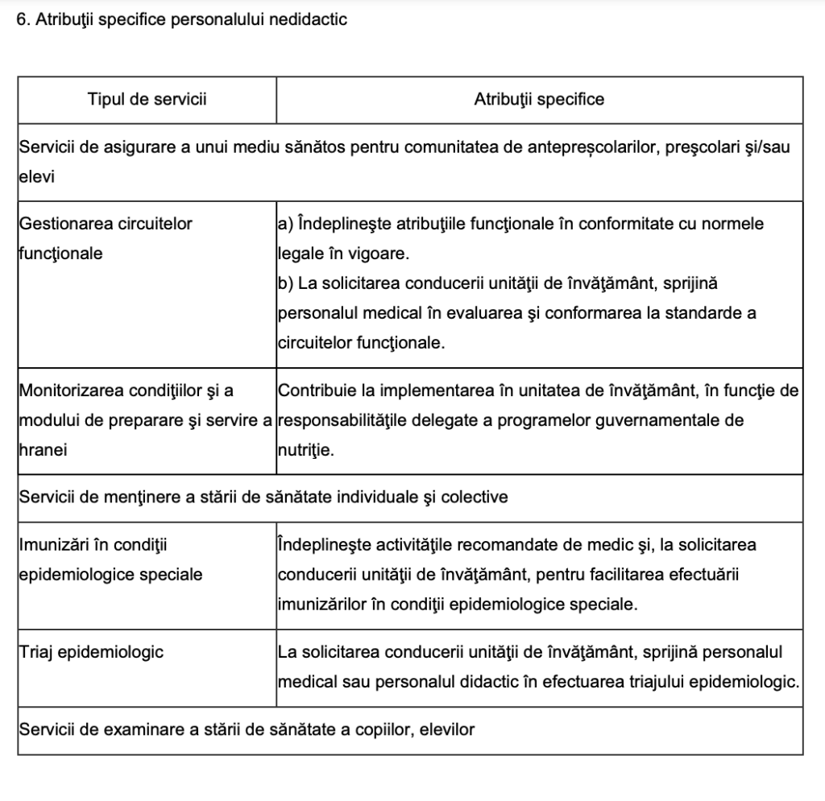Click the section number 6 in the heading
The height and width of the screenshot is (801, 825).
(20, 20)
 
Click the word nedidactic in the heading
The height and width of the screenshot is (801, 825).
(311, 20)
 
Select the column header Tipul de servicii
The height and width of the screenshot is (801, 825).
(147, 100)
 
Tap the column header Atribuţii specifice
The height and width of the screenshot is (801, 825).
(539, 100)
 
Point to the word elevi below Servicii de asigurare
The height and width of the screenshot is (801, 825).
(35, 177)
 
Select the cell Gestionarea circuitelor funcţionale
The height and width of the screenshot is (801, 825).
(105, 238)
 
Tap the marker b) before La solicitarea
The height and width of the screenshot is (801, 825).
(285, 283)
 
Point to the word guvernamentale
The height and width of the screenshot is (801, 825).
(655, 421)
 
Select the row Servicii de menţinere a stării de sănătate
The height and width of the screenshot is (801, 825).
(263, 497)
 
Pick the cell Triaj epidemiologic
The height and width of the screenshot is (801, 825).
(90, 652)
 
